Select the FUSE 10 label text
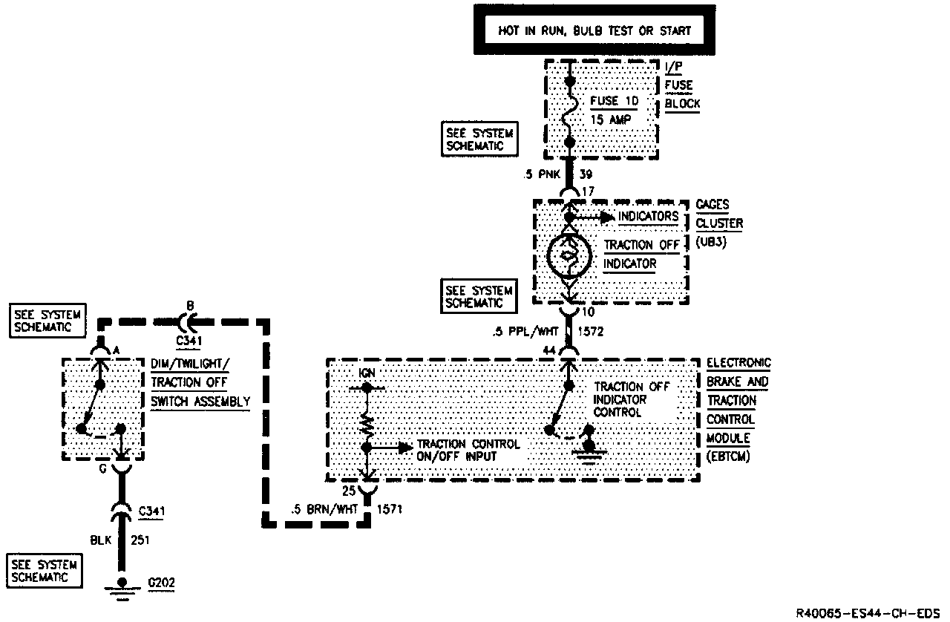tap(614, 100)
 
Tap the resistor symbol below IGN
tap(366, 425)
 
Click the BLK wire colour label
tap(101, 540)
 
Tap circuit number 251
tap(140, 540)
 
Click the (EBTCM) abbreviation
tap(729, 456)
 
